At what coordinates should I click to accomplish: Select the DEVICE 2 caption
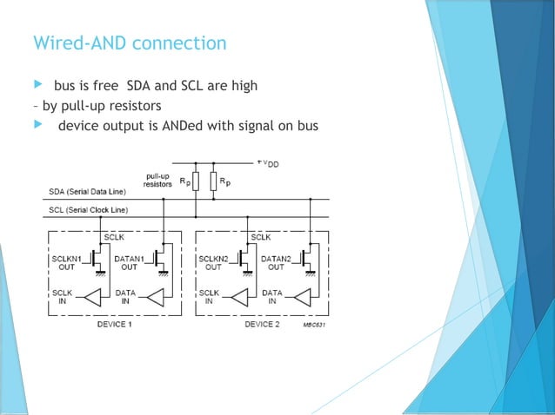point(261,324)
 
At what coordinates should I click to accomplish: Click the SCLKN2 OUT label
point(213,262)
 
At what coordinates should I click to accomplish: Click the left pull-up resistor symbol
point(197,182)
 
